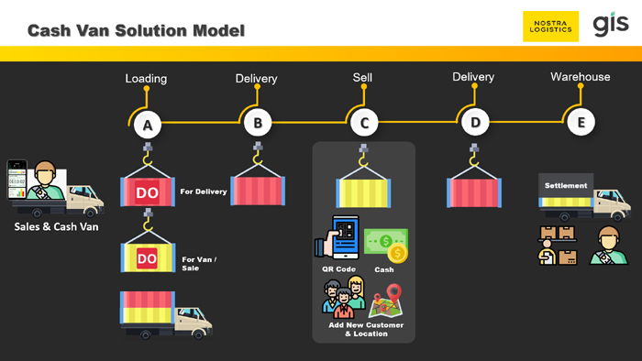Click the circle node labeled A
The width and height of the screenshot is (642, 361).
(148, 125)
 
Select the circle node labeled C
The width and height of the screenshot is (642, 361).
(364, 123)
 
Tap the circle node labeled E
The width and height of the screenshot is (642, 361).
(581, 122)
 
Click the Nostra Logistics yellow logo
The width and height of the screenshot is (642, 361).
(550, 27)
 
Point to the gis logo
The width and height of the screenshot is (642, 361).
(611, 25)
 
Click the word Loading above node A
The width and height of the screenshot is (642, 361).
(146, 79)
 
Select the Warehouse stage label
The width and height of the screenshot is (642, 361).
(581, 77)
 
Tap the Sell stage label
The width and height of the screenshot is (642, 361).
(363, 77)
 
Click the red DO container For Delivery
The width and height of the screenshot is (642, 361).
(148, 191)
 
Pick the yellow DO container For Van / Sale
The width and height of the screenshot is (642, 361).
(148, 257)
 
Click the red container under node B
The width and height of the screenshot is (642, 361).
(258, 191)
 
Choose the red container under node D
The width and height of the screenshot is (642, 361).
(474, 192)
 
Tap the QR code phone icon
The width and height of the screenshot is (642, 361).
(338, 237)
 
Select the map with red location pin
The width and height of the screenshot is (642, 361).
(386, 301)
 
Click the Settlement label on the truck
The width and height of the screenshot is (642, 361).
(566, 186)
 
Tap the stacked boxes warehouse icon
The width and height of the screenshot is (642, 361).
(558, 246)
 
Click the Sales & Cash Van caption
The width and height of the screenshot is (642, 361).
(57, 227)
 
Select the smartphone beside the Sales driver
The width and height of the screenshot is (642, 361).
(17, 180)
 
